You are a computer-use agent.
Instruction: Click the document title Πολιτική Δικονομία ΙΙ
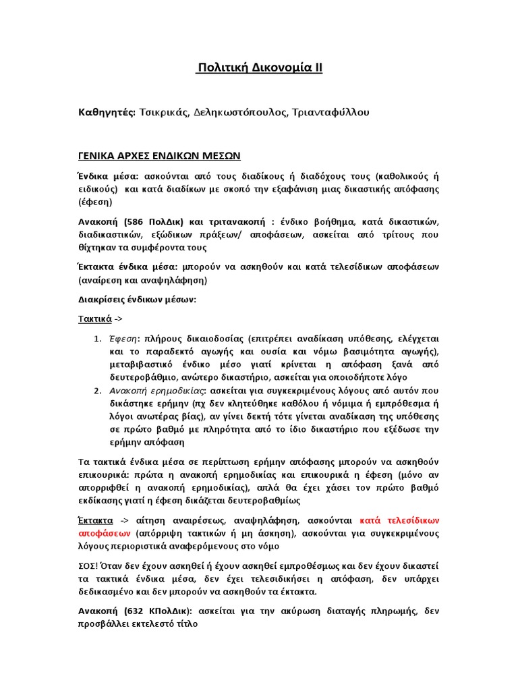(259, 68)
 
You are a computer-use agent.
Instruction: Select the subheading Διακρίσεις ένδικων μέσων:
(136, 299)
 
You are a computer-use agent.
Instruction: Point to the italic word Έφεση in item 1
(123, 338)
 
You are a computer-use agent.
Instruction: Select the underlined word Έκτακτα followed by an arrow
(94, 520)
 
